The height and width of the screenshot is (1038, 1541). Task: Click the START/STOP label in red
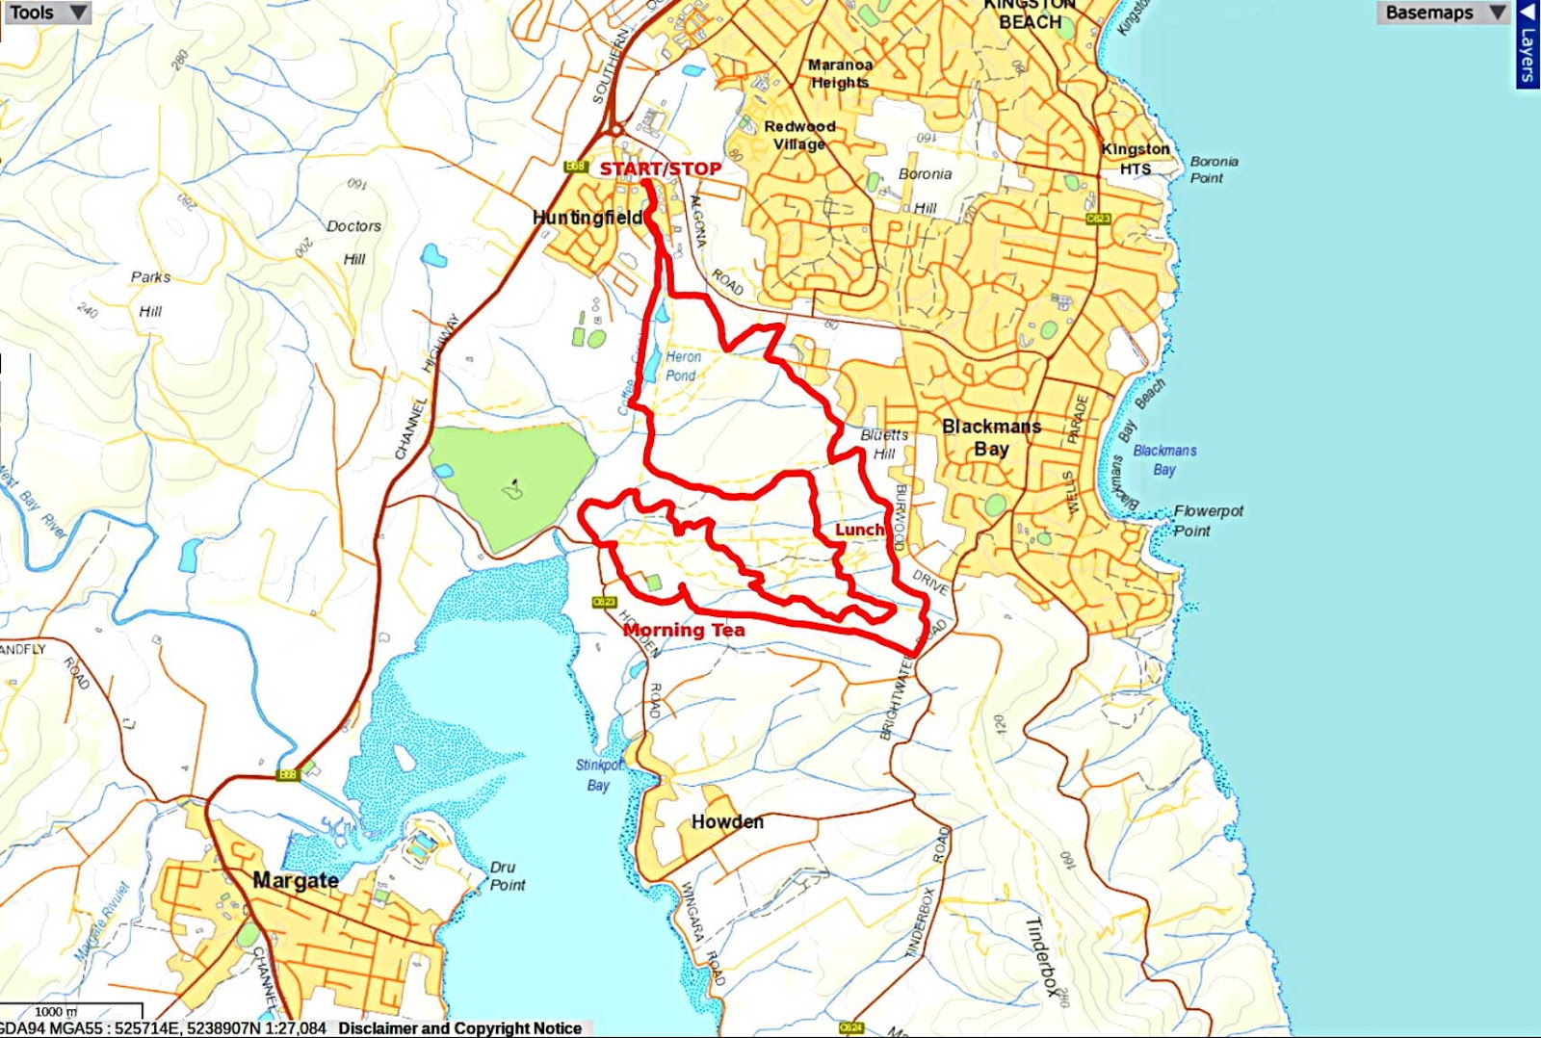pos(660,169)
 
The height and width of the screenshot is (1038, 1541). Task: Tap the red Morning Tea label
pos(684,630)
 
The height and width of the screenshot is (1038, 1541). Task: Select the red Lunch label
pos(859,530)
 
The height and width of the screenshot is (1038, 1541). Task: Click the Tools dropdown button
pos(47,13)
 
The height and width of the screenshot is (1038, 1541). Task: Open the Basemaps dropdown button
pos(1442,13)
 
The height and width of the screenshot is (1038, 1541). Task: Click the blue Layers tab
pos(1528,45)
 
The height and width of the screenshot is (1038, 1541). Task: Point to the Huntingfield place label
pos(588,218)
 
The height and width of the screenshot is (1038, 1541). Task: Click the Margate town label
pos(295,880)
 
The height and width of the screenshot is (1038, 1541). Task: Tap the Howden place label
pos(727,821)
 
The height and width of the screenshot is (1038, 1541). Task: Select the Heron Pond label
pos(683,366)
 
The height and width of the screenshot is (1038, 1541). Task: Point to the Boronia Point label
pos(1214,169)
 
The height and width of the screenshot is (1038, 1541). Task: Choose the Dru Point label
pos(508,875)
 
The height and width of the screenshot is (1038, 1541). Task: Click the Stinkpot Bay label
pos(599,774)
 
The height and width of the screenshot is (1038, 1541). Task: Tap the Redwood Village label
pos(799,135)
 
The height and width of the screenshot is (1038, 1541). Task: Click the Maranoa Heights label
pos(840,73)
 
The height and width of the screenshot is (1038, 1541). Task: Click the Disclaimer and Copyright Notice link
pos(459,1028)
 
